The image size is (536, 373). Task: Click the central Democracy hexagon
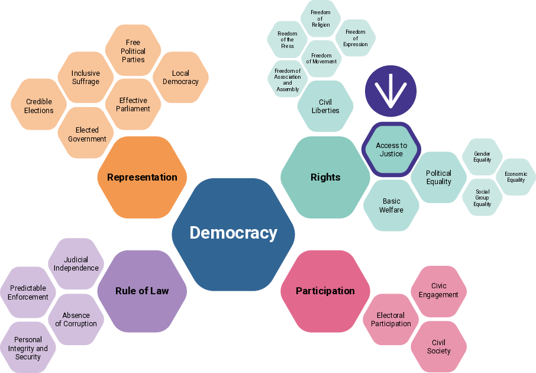(x=233, y=234)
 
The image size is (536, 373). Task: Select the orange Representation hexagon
(x=142, y=177)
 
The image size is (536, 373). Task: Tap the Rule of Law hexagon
(x=142, y=291)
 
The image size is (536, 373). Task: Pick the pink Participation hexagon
(x=325, y=291)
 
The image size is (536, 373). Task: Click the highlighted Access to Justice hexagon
(x=392, y=150)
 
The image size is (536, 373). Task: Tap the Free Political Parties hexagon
(x=133, y=50)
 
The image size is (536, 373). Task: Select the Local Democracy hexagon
(x=180, y=78)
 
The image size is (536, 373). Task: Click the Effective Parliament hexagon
(x=133, y=104)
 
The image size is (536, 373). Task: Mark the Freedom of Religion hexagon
(x=321, y=18)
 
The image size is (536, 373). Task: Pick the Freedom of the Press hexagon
(x=288, y=40)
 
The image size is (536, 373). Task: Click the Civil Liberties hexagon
(x=325, y=106)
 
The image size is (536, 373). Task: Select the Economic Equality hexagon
(x=516, y=177)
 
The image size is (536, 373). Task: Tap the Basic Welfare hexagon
(x=391, y=205)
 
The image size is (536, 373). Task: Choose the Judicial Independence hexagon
(x=76, y=264)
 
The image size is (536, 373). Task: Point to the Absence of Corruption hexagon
(x=76, y=319)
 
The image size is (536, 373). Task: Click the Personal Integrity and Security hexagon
(x=28, y=348)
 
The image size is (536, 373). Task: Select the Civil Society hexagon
(x=438, y=346)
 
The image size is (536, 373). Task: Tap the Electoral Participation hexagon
(x=390, y=319)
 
